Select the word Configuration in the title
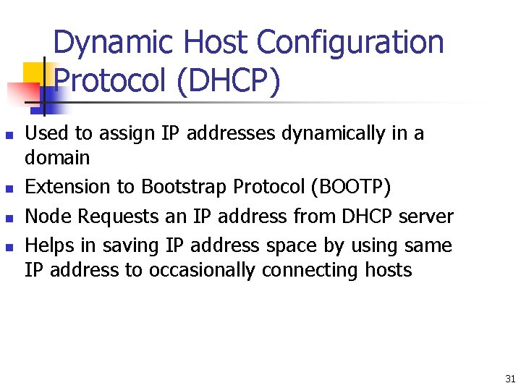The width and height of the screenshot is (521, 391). click(350, 43)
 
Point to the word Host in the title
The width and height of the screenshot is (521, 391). click(216, 43)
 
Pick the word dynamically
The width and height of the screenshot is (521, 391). click(328, 134)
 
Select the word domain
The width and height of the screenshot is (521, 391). click(57, 157)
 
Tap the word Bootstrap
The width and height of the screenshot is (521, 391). click(184, 188)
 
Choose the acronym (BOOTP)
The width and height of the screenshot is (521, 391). click(350, 188)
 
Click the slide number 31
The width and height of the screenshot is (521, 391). click(510, 379)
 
